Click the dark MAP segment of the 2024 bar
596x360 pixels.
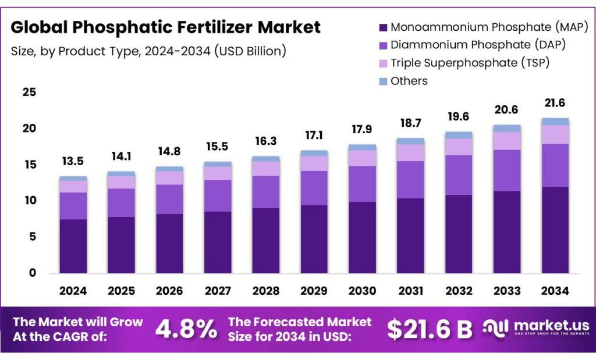(73, 246)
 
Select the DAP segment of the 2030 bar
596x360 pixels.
(361, 184)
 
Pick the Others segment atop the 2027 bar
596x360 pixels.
(217, 164)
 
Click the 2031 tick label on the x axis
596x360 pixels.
(410, 291)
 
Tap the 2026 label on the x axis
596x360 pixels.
(169, 291)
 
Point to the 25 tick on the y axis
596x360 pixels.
(30, 92)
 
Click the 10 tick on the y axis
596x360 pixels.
(30, 201)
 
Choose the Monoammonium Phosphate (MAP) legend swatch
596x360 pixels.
(383, 27)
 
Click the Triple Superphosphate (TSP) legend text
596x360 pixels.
(470, 62)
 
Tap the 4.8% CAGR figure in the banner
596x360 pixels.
(186, 329)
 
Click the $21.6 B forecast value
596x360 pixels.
(430, 329)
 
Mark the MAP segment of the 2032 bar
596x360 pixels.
(458, 234)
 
